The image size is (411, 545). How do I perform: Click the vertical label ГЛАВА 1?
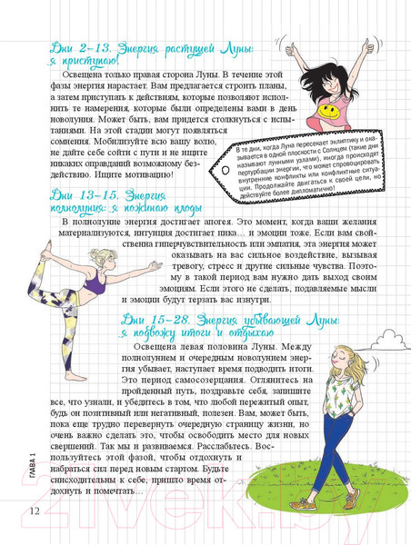click(32, 469)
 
